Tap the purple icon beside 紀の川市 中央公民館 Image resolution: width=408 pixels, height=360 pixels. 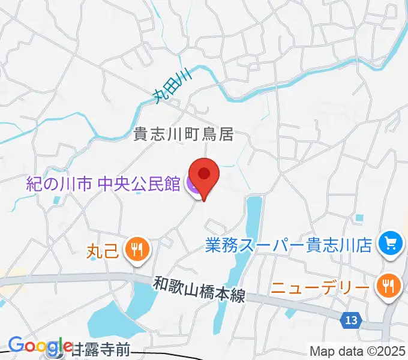194,185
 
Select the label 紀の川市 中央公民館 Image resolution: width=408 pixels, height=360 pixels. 103,184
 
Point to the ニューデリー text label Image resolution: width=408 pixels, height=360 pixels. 319,287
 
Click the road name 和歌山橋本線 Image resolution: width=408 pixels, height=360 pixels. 199,289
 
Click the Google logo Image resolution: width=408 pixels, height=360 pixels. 40,346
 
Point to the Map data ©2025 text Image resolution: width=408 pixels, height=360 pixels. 358,351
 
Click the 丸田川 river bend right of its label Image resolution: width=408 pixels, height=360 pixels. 210,71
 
